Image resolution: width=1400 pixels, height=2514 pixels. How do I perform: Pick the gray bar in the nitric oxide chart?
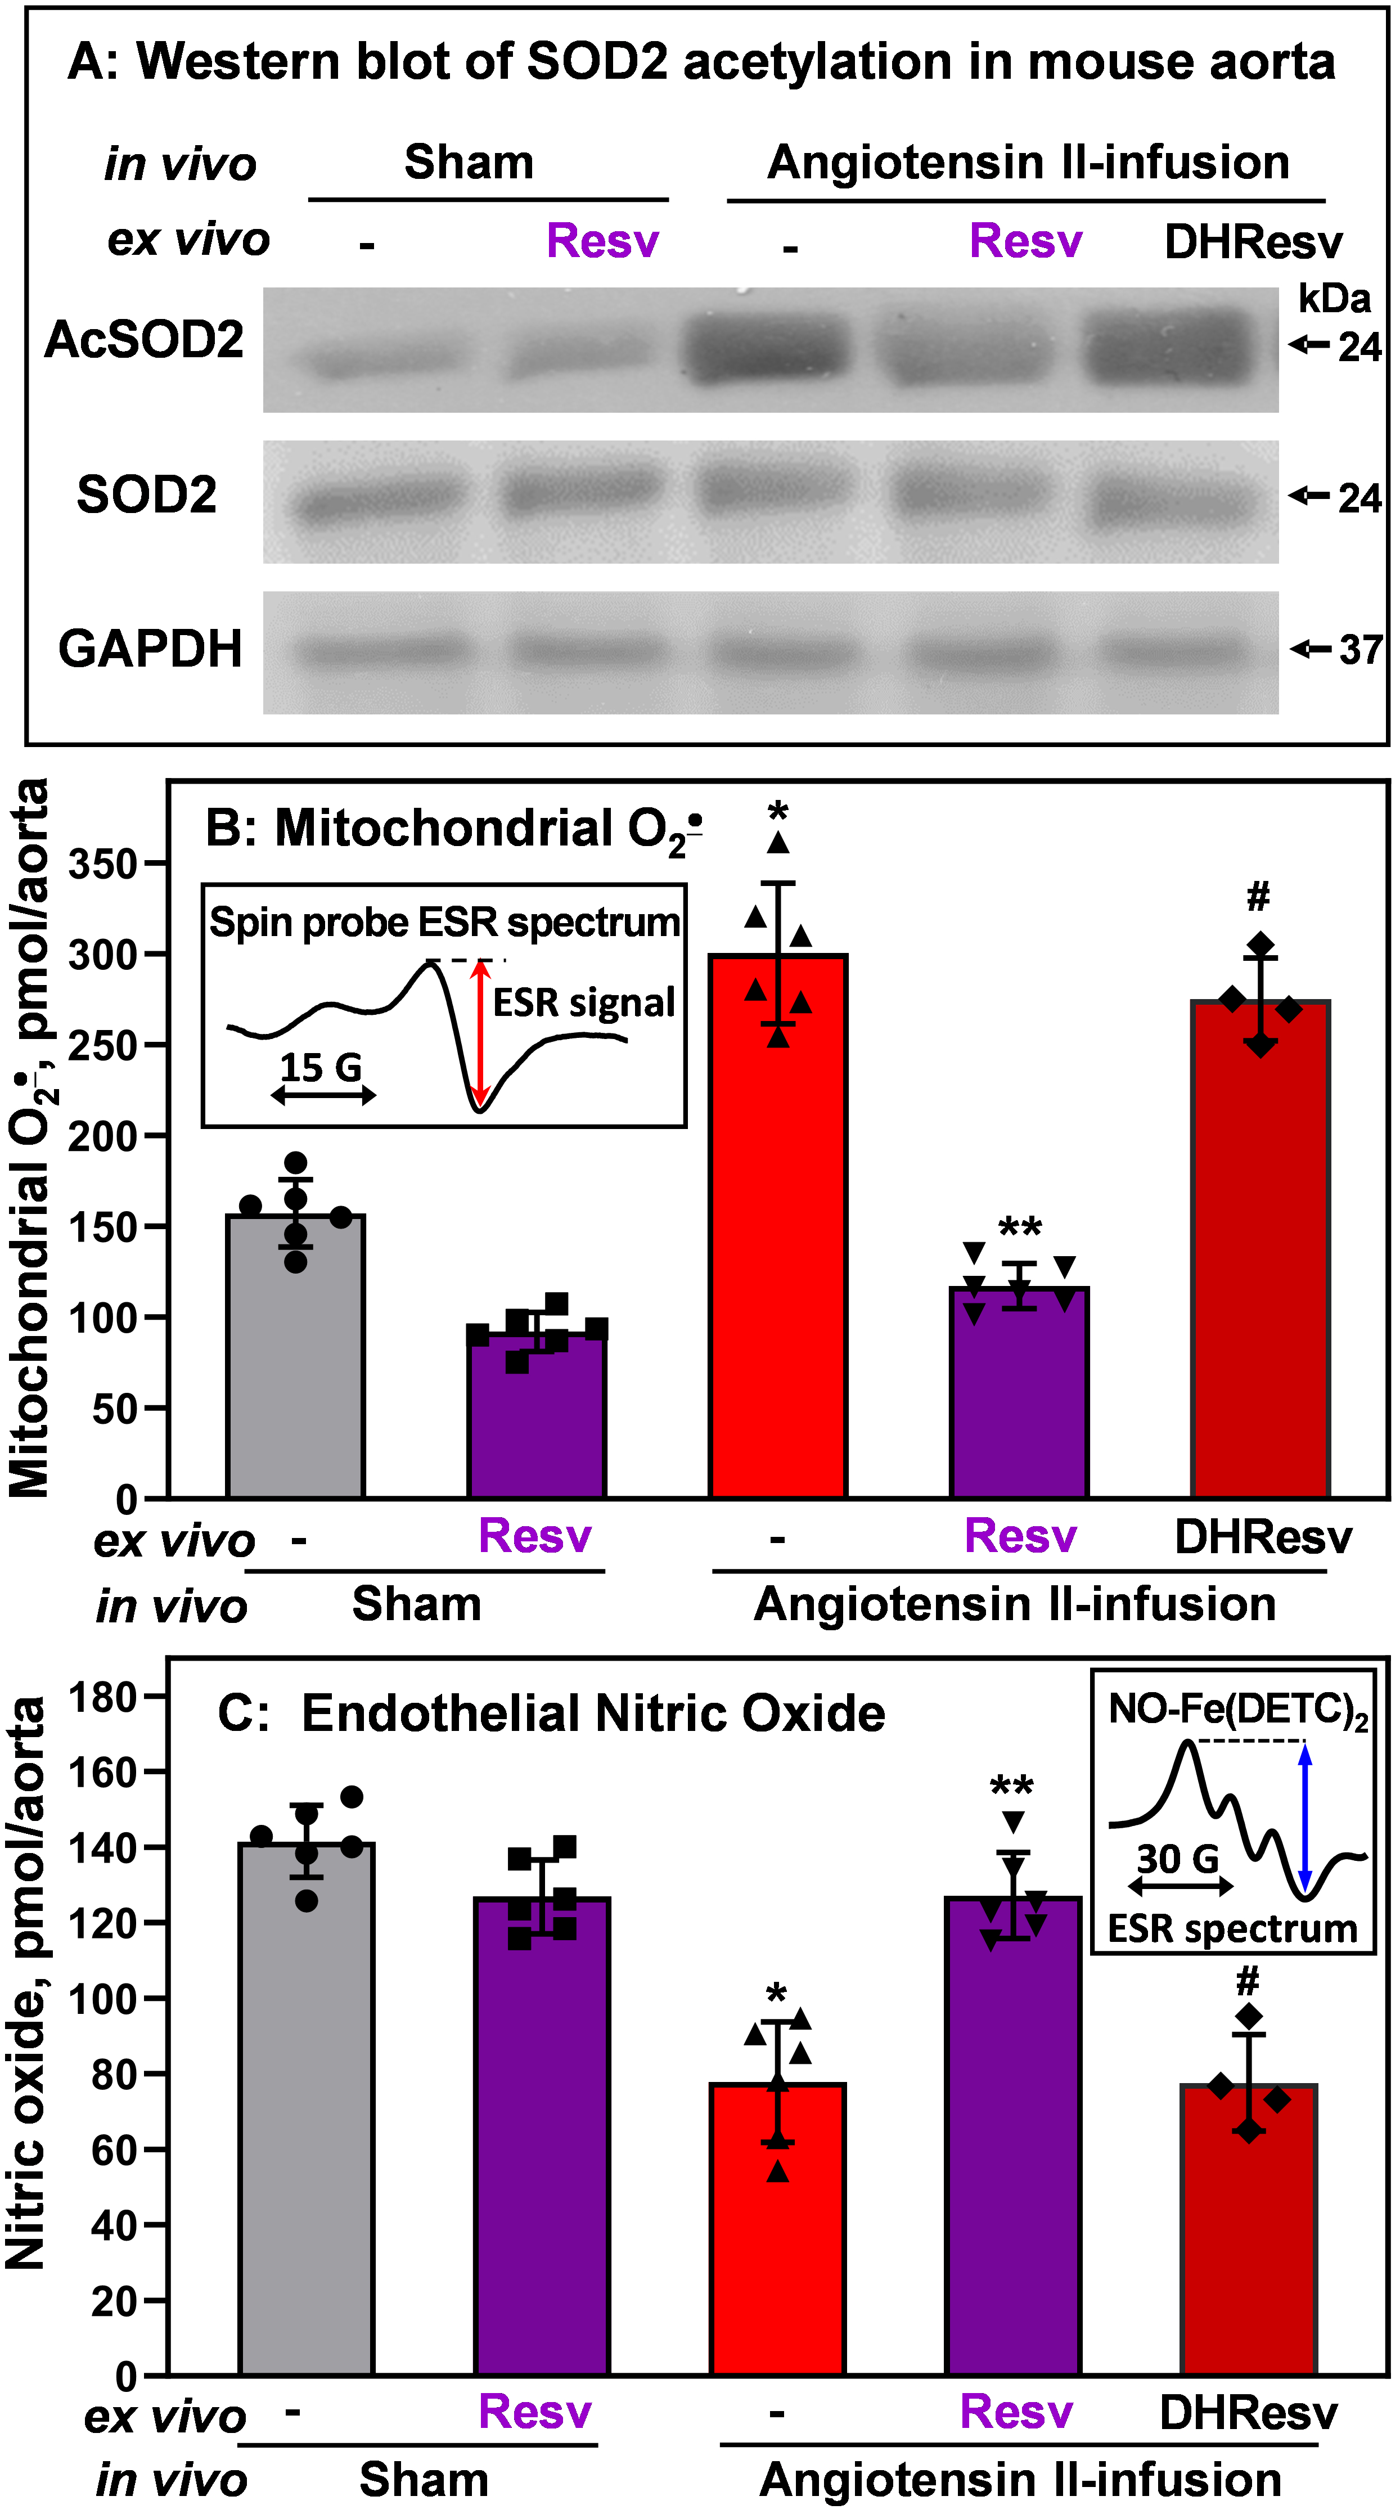pos(307,2108)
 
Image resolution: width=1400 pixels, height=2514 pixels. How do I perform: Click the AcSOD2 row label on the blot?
pos(145,340)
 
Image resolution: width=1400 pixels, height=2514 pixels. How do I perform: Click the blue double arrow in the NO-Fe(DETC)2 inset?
pos(1306,1817)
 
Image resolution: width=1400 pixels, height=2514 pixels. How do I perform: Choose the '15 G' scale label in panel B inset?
pos(321,1068)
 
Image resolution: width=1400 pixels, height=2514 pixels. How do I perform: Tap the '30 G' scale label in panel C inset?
pos(1178,1859)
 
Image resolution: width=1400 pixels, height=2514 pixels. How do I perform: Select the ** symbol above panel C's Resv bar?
pos(1012,1788)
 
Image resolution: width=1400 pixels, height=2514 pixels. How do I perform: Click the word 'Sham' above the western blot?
pos(469,162)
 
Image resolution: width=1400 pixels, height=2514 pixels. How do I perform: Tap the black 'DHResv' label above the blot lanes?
pos(1254,242)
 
